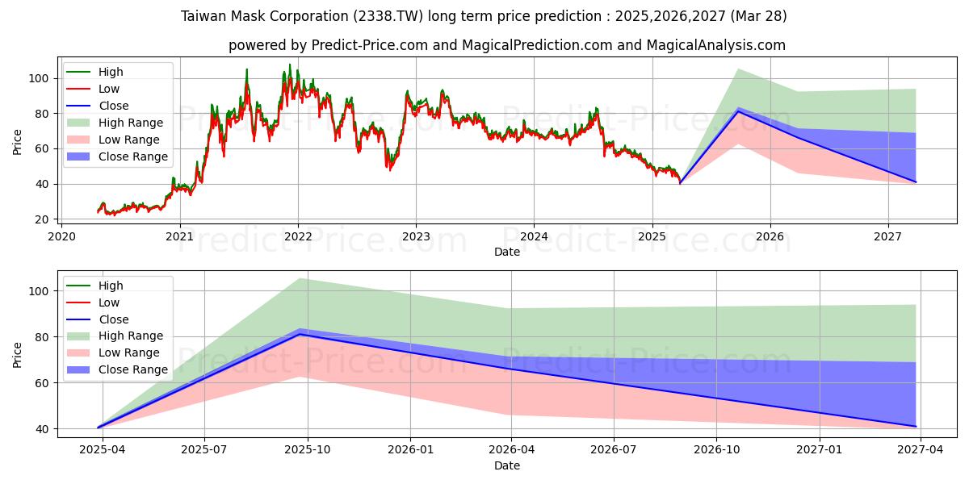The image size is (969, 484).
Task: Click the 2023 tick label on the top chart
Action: tap(416, 236)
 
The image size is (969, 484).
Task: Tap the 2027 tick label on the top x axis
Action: tap(888, 236)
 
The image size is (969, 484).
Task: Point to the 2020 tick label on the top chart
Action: tap(61, 236)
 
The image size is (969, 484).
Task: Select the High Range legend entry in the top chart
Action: tap(131, 123)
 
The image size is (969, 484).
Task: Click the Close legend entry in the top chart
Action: tap(114, 106)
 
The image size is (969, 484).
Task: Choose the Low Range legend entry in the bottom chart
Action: tap(129, 353)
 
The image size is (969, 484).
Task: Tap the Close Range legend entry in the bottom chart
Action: tap(133, 369)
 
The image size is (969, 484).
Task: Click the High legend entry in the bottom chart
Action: tap(111, 286)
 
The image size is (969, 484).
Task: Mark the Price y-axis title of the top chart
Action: tap(18, 143)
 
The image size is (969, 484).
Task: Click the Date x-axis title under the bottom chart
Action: tap(507, 465)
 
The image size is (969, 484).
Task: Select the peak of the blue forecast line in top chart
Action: tap(738, 111)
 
